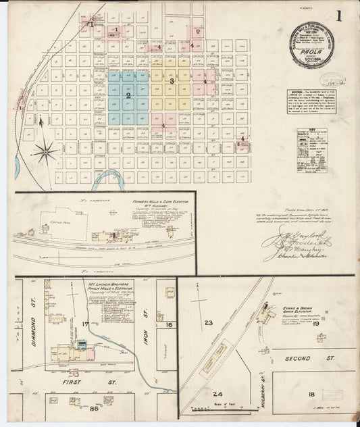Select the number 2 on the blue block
tap(128, 95)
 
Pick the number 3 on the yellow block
tap(172, 81)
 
